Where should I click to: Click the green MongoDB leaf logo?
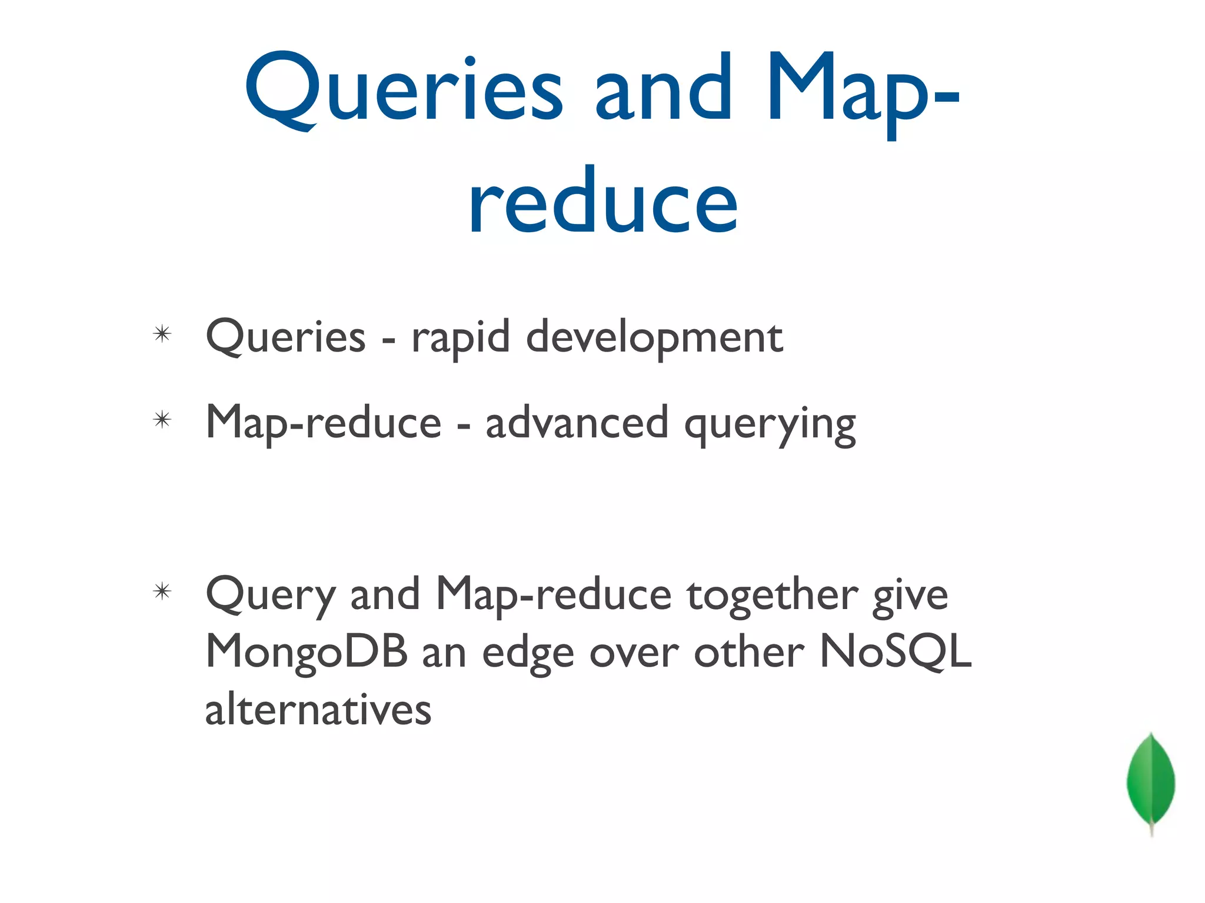[1150, 782]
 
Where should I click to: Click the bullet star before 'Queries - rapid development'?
[162, 335]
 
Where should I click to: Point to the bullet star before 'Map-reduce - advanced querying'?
[162, 420]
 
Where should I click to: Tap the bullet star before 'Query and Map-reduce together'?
[162, 591]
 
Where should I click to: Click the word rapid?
[460, 337]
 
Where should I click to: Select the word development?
[654, 337]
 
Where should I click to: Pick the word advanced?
[577, 423]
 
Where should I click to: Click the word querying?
[770, 424]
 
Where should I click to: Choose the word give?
[910, 595]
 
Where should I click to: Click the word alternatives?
[318, 709]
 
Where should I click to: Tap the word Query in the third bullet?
[271, 595]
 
